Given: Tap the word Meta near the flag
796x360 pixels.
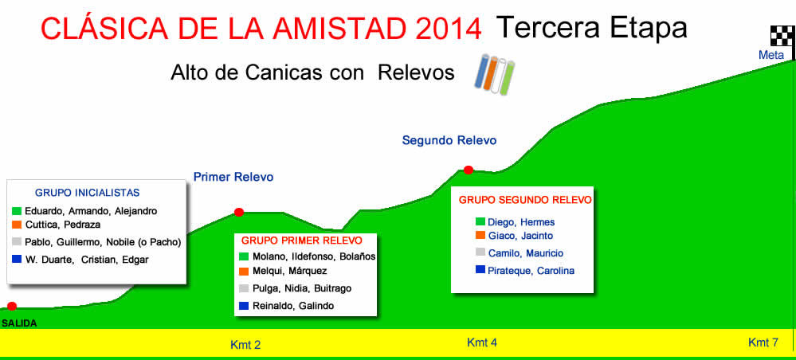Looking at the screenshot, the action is (771, 55).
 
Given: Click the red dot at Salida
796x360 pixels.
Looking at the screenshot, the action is (12, 306).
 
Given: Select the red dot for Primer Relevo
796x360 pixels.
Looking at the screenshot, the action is (238, 212).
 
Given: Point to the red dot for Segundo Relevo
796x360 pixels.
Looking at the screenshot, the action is (468, 170).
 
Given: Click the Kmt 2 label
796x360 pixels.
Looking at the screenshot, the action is (245, 346).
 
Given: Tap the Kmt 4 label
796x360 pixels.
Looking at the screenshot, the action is (482, 342).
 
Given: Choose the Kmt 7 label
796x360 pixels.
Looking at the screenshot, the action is (763, 342).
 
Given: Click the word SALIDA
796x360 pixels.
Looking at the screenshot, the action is (19, 323).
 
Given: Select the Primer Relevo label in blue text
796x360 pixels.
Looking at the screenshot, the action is (233, 177).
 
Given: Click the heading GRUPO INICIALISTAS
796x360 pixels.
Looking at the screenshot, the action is (88, 193).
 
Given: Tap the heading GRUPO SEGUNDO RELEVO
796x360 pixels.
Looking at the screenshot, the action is (525, 200).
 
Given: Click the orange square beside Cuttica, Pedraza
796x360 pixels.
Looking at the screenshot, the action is (16, 225).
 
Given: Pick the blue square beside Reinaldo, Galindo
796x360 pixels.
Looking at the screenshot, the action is (244, 306).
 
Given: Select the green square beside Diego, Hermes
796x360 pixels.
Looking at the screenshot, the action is (480, 221).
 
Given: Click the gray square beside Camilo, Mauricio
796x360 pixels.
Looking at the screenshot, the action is (480, 252).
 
